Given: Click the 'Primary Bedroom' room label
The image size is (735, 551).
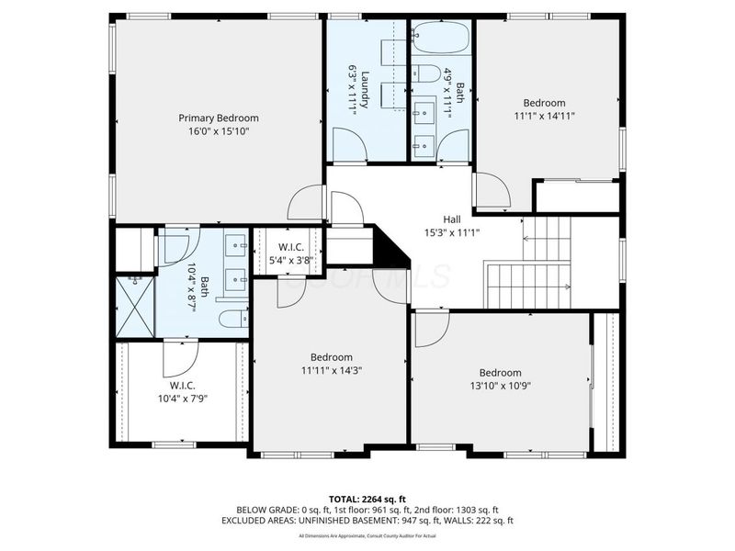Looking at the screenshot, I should click(x=218, y=118).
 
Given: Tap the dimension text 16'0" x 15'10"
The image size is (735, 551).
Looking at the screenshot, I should click(x=218, y=131).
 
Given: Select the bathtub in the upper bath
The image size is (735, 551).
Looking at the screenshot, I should click(x=440, y=39).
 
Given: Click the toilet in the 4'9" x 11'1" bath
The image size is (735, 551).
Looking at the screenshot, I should click(x=424, y=75).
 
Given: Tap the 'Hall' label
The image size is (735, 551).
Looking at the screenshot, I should click(x=452, y=219).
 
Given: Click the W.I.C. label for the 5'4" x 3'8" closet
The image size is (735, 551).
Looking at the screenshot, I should click(x=288, y=246).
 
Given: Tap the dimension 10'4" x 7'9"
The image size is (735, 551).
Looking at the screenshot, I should click(x=181, y=399).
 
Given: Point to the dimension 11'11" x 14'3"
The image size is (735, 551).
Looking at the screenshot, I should click(x=331, y=370).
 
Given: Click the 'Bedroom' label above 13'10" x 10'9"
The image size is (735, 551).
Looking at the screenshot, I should click(x=500, y=373).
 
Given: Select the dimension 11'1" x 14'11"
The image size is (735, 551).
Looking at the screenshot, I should click(x=544, y=117).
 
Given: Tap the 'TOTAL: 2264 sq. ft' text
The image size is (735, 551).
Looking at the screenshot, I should click(x=367, y=499).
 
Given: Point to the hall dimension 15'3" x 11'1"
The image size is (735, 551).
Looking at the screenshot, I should click(x=452, y=232).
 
